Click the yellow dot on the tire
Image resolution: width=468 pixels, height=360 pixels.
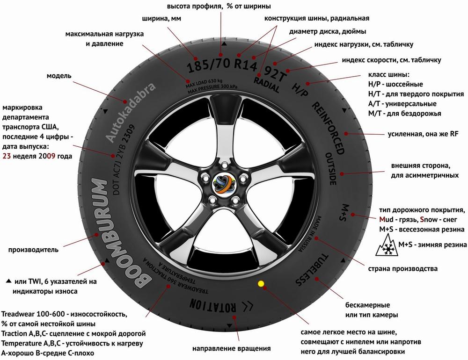(x=261, y=283)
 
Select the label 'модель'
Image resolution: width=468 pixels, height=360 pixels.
(x=58, y=76)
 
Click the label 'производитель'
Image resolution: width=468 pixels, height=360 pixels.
(x=33, y=250)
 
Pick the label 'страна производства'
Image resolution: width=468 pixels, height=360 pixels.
(x=403, y=269)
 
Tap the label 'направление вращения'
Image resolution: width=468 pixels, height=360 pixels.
(x=232, y=348)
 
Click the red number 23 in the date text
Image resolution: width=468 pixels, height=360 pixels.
(x=7, y=156)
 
